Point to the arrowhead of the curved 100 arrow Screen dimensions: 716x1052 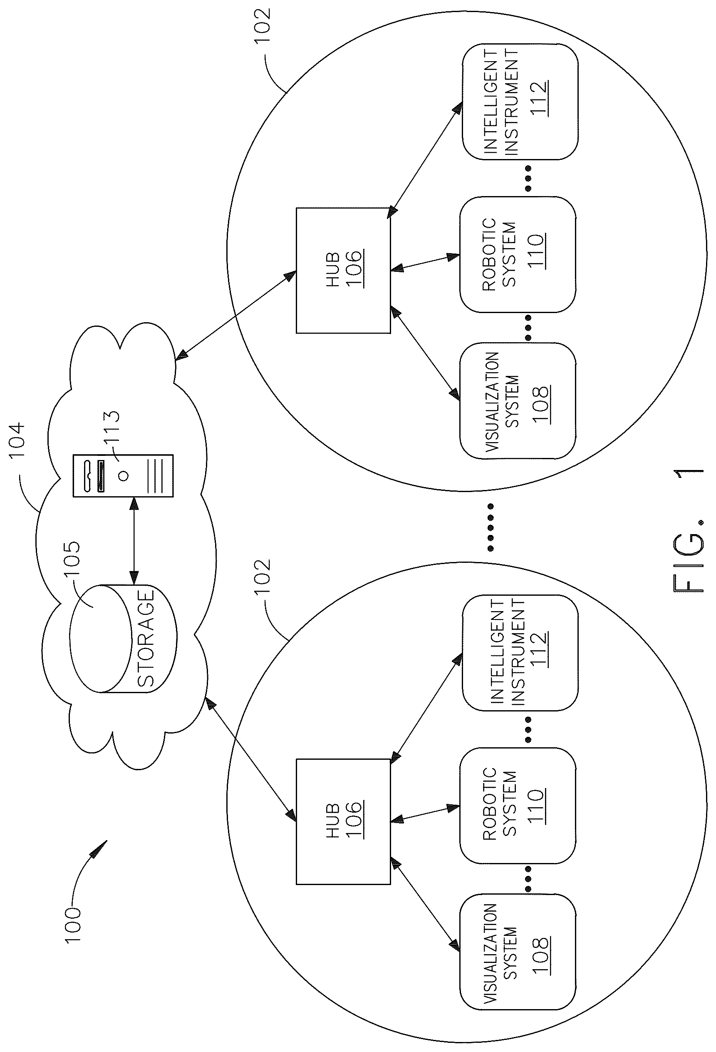tap(100, 849)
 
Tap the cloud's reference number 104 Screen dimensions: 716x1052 tap(17, 440)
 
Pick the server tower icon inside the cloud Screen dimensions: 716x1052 tap(123, 475)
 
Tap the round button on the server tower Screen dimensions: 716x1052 tap(123, 476)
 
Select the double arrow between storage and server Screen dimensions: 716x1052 tap(134, 540)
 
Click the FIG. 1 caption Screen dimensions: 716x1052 tap(689, 529)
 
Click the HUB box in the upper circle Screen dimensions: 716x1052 tap(343, 271)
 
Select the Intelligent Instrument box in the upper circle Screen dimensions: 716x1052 tap(520, 102)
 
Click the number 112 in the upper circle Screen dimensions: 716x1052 tap(539, 99)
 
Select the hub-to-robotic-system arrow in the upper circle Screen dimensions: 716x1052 tap(425, 264)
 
